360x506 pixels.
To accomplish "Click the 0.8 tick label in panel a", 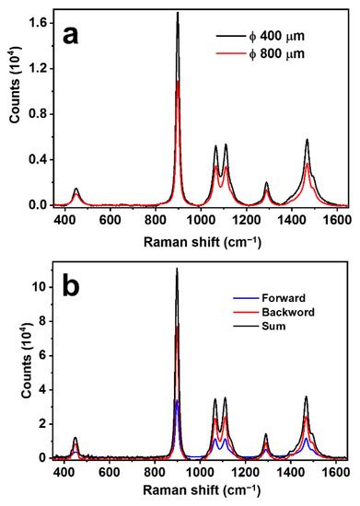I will point(37,111).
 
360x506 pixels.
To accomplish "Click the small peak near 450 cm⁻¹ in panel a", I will point(75,190).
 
